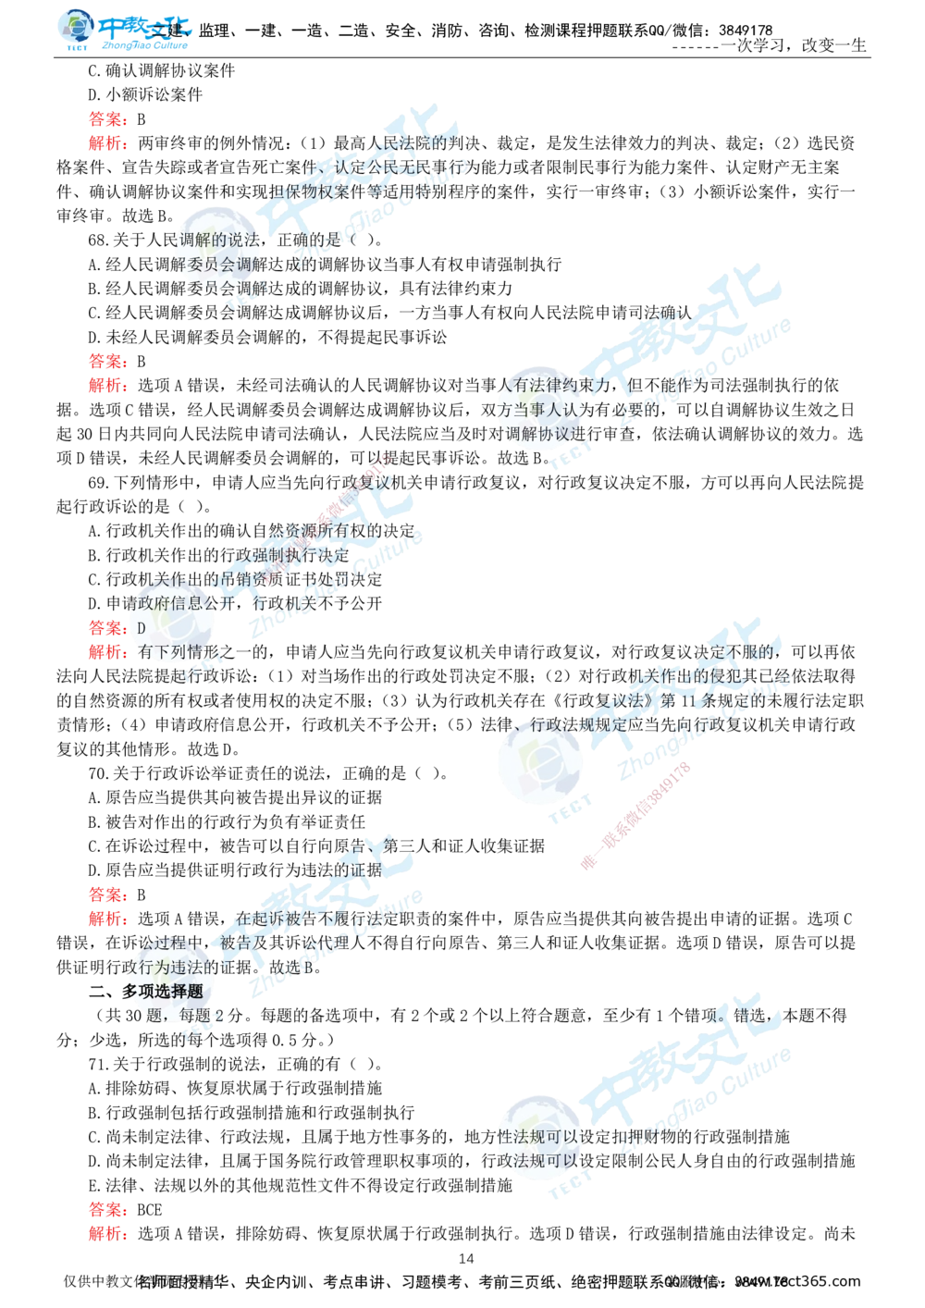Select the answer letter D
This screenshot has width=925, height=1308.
click(141, 628)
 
